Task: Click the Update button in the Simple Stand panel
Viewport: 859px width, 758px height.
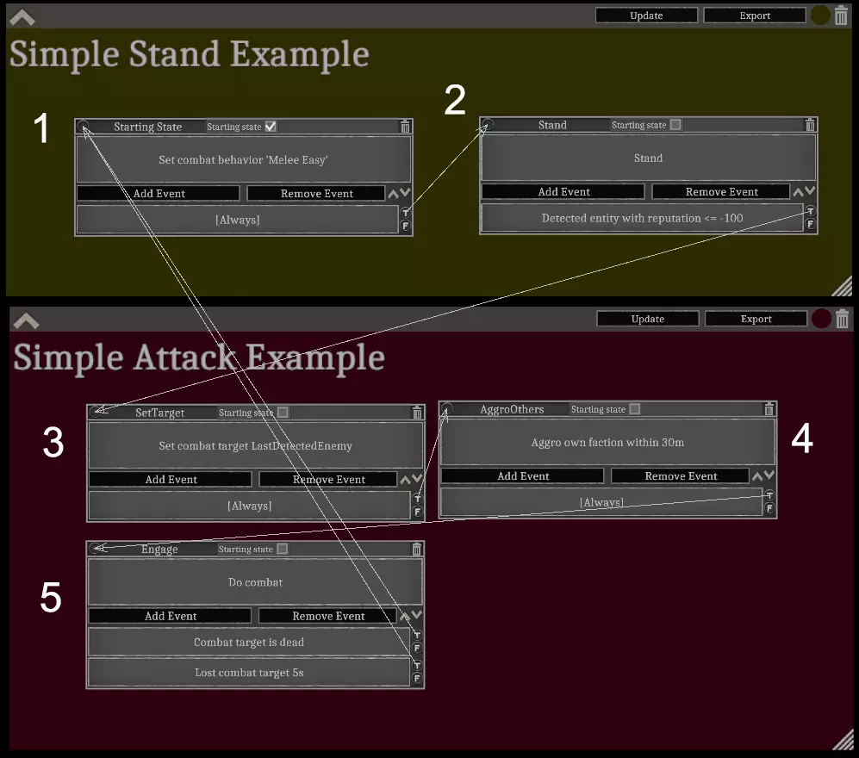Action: [646, 16]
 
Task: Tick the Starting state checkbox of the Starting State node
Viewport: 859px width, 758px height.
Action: [271, 127]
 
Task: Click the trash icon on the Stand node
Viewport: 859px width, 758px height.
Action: [809, 125]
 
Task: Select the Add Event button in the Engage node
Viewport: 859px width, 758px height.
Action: [170, 616]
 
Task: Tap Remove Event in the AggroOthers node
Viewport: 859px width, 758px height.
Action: [680, 475]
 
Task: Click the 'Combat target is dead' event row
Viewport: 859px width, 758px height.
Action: [248, 642]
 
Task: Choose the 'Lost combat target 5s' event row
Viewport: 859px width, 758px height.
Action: [248, 672]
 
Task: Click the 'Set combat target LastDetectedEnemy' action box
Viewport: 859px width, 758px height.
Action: [255, 445]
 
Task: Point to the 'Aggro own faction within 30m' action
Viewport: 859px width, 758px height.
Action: [607, 442]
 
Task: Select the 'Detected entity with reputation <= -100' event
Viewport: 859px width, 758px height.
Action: [641, 218]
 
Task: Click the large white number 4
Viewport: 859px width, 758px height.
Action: [801, 439]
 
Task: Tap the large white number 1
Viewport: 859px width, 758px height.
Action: [41, 129]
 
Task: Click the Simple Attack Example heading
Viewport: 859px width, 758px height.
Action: [199, 357]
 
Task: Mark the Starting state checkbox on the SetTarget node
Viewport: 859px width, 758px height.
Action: [283, 413]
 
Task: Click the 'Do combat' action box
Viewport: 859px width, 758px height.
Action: [255, 582]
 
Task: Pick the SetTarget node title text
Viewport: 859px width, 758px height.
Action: [159, 413]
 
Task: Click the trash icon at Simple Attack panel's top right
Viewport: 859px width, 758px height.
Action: [843, 318]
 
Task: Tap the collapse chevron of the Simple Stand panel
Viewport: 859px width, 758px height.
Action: [22, 16]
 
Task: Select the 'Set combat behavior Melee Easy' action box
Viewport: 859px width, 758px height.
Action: [243, 159]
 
